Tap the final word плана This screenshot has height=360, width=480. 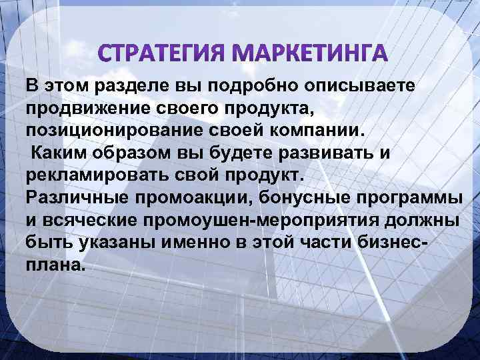coord(56,265)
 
